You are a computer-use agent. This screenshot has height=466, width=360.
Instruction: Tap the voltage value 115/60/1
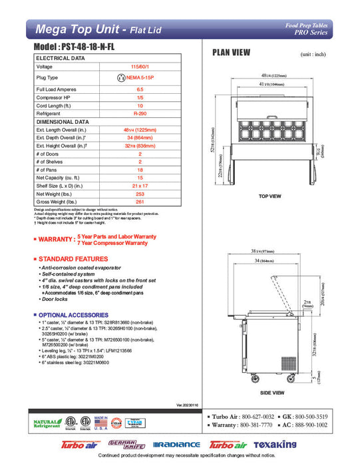[x=139, y=67]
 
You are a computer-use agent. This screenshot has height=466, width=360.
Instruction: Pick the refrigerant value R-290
[x=139, y=113]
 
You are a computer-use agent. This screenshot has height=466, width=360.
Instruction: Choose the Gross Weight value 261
[x=139, y=202]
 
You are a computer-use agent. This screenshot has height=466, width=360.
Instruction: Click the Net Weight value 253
[x=139, y=194]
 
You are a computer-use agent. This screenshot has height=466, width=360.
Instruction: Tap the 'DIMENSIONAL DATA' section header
[x=63, y=122]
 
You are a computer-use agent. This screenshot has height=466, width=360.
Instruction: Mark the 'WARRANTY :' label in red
[x=55, y=239]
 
